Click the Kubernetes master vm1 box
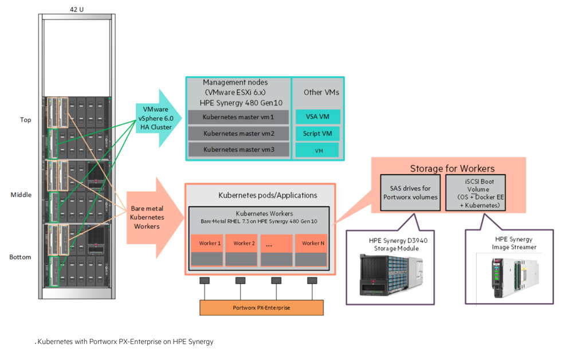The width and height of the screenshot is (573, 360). click(x=238, y=118)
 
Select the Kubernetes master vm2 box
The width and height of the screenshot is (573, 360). click(x=238, y=134)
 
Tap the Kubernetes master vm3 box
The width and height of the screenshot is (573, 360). click(x=238, y=150)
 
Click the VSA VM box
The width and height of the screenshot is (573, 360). click(x=317, y=116)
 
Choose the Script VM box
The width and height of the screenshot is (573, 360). click(x=317, y=134)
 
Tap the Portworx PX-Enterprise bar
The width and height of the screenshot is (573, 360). click(x=261, y=308)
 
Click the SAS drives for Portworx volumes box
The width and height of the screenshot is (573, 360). click(x=410, y=193)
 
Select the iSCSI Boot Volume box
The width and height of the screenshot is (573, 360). click(x=476, y=193)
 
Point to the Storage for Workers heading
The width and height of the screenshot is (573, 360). click(x=452, y=169)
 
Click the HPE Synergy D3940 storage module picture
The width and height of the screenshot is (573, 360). click(x=391, y=275)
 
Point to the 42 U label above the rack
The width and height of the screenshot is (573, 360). click(x=77, y=10)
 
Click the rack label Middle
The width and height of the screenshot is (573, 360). click(x=21, y=195)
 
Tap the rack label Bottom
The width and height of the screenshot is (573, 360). click(x=20, y=257)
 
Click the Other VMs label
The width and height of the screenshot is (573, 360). click(x=321, y=92)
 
